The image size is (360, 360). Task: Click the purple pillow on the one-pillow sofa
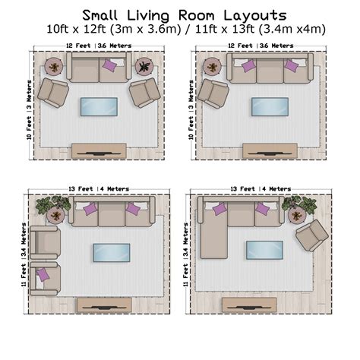[x=109, y=66]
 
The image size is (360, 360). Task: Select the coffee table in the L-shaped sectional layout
[x=264, y=249]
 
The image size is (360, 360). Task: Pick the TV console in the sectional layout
[x=249, y=304]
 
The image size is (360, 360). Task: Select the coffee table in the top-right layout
[x=270, y=106]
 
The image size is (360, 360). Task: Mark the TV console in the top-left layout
[x=99, y=150]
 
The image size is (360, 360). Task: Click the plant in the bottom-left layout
[x=54, y=205]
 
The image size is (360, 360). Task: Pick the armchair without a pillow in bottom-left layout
[x=43, y=242]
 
